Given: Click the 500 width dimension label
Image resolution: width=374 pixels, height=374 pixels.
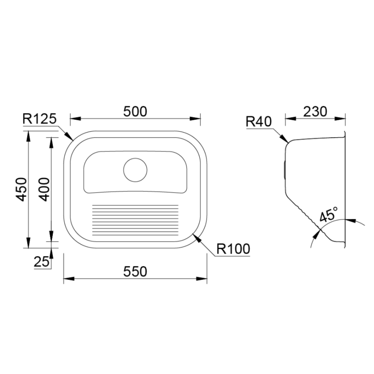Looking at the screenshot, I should pos(135,112).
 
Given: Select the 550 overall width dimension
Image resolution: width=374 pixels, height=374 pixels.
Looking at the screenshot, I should pos(135,272).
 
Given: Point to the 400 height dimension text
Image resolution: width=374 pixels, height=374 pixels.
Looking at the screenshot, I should pos(44,190).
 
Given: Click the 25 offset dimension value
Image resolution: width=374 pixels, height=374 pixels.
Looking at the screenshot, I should pos(41,262).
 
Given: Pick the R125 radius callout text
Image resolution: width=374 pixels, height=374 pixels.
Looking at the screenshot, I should pos(39,119).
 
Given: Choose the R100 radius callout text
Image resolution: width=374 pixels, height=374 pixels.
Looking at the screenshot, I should pos(233,249).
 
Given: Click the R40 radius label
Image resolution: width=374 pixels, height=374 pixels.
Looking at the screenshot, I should pos(259,121).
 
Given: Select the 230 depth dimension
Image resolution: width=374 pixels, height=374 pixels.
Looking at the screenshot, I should pos(315,112).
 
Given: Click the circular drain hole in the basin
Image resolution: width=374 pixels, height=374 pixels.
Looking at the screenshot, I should pos(135,170).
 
